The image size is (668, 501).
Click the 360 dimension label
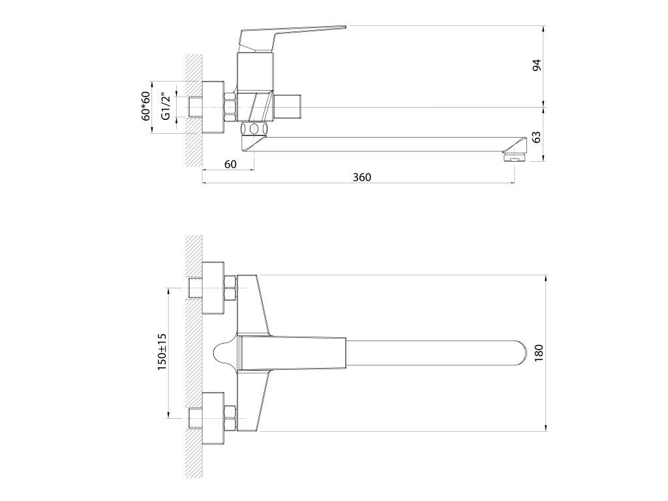[x=362, y=177]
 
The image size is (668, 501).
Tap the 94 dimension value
[x=537, y=65]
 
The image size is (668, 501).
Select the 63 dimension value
[x=537, y=137]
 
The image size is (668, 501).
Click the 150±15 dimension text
[x=162, y=351]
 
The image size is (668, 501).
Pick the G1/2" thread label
[x=166, y=106]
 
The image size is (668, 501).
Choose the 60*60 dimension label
[x=146, y=106]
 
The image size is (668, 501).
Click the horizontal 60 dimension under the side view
[x=230, y=164]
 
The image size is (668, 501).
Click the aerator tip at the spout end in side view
[x=515, y=159]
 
